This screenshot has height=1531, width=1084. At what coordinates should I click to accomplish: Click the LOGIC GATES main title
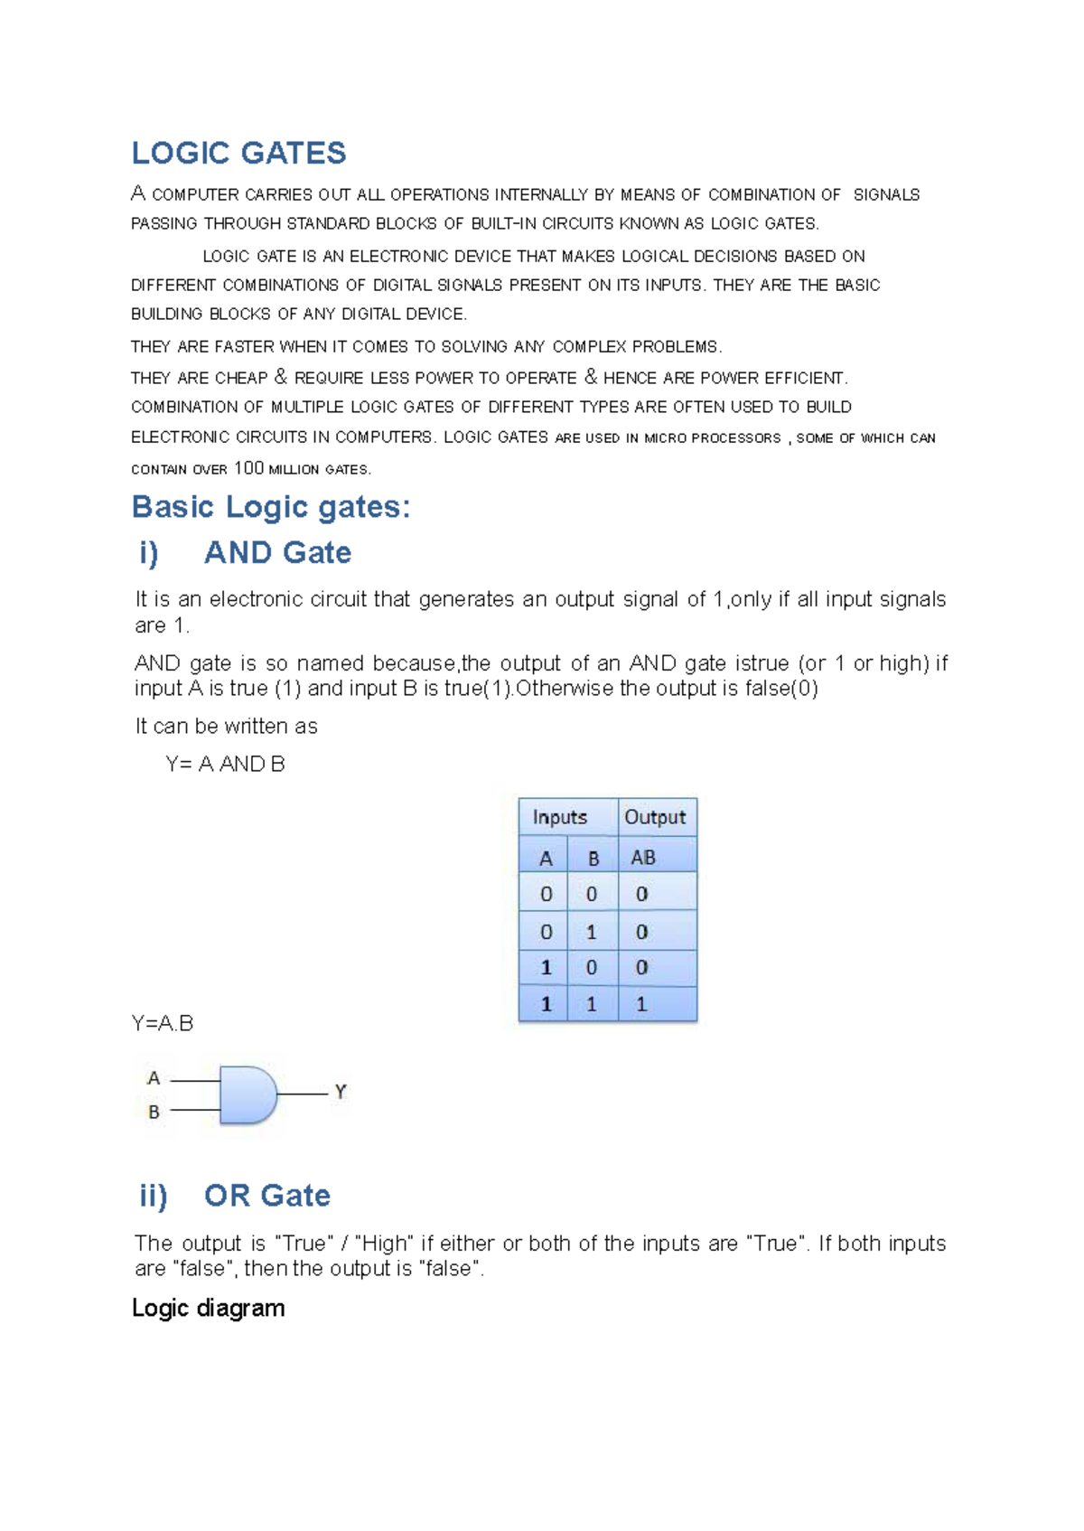pos(238,153)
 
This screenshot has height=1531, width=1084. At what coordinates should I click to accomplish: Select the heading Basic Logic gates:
pos(271,507)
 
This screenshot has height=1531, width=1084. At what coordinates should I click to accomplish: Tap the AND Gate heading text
pos(277,552)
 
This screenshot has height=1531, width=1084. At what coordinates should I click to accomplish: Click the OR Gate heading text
pos(267,1195)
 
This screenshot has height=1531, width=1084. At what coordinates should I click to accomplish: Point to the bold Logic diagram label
pos(208,1308)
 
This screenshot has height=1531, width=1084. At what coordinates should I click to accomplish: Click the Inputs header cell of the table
pos(560,817)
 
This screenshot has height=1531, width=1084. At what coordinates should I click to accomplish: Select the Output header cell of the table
pos(655,817)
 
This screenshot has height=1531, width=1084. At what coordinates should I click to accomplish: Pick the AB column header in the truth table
pos(643,857)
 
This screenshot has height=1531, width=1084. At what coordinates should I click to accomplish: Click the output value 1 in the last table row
pos(641,1004)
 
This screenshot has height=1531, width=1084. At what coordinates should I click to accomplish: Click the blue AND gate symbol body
pos(247,1094)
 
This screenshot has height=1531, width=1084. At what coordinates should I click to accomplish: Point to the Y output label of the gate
pos(341,1092)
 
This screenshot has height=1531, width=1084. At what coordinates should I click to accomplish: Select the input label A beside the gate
pos(154,1078)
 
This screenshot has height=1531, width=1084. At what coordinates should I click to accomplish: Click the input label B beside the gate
pos(154,1112)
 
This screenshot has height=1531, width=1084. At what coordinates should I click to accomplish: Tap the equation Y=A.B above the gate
pos(163,1023)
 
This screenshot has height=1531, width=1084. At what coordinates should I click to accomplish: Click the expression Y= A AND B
pos(226,765)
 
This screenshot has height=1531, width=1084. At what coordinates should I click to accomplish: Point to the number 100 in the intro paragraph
pos(248,468)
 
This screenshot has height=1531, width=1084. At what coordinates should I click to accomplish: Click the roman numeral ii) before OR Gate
pos(154,1195)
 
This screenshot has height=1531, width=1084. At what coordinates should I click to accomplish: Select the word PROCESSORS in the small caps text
pos(735,438)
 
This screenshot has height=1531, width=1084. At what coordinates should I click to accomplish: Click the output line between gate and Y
pos(303,1094)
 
